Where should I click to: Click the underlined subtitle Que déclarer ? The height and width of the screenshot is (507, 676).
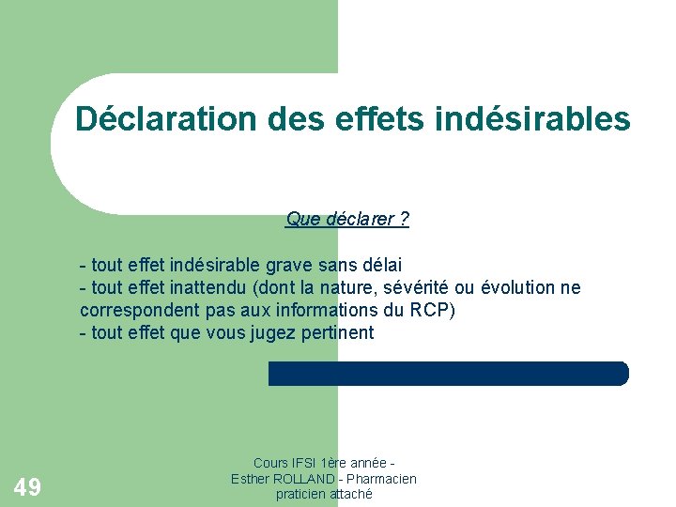347,220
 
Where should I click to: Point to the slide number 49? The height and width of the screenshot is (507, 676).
27,486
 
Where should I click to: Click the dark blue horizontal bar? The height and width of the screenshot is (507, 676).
448,374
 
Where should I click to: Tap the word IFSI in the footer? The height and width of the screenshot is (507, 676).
300,463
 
